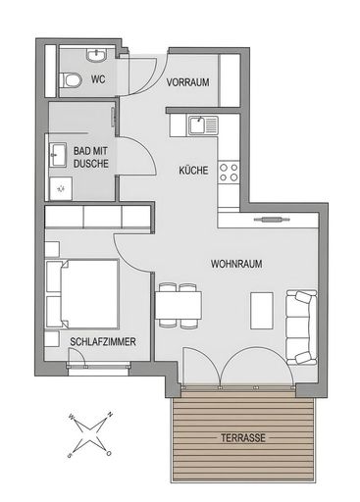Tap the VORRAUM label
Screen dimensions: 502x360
187,82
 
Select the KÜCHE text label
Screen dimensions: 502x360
193,170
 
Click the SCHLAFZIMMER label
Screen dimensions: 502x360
103,341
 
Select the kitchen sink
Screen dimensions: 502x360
202,125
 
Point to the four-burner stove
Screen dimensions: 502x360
229,174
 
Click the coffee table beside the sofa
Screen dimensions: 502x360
262,311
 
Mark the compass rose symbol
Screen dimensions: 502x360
90,430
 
